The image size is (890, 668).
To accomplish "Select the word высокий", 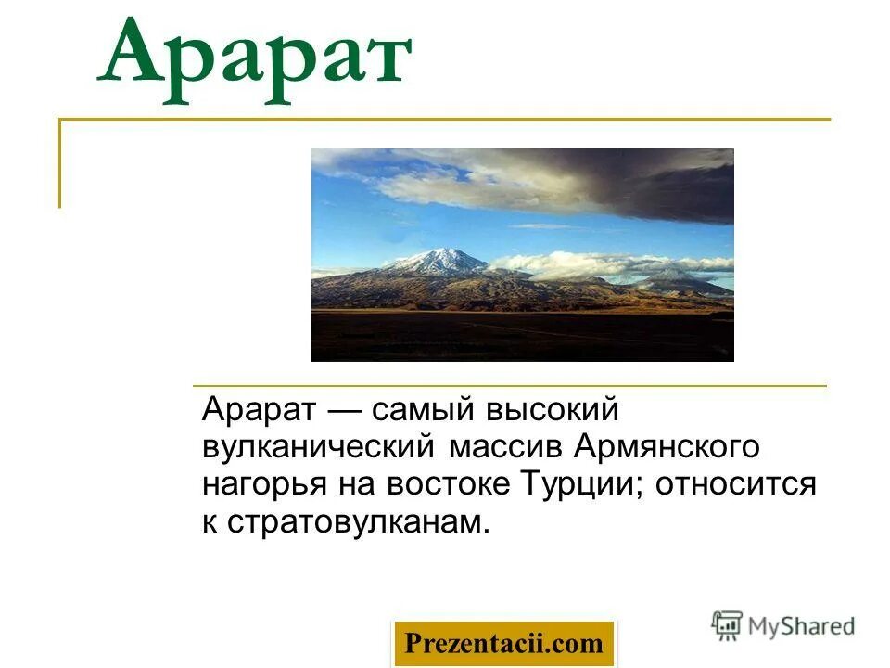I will coord(559,409).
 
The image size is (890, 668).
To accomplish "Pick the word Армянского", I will coord(667,447).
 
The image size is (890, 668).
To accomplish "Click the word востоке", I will coord(448,484).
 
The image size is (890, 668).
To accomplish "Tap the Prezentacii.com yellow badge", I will coord(503,643).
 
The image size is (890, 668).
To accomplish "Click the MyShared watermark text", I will coord(801,626).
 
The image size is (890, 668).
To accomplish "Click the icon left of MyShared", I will coord(727,625).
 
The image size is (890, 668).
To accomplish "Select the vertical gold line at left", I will coord(60,163).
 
